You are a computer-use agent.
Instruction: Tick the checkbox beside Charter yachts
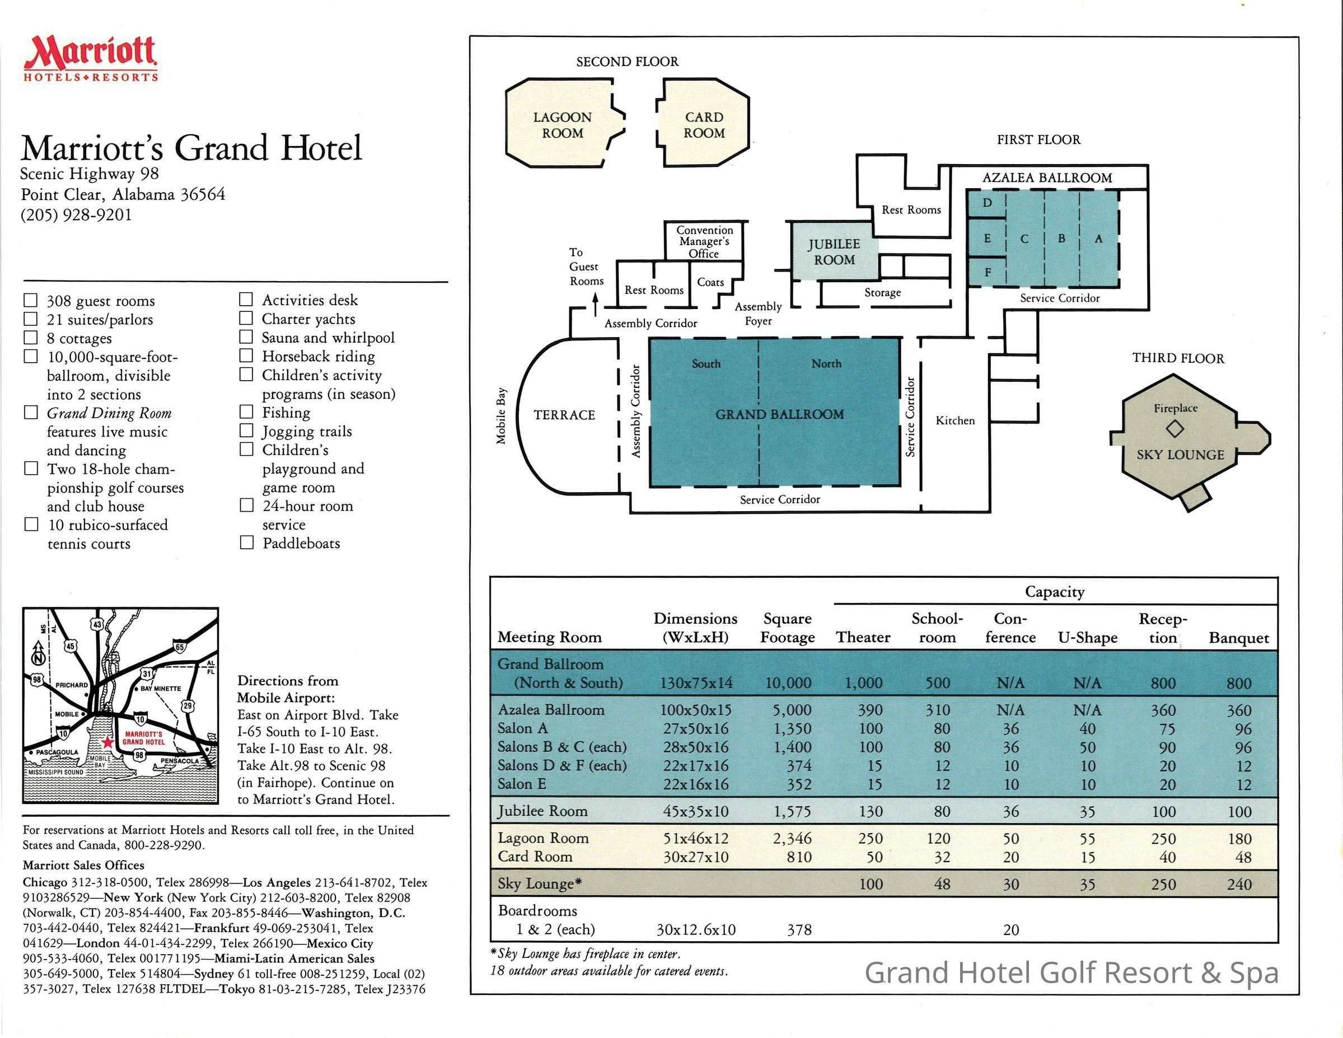pos(246,318)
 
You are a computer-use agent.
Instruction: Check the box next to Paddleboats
pos(246,543)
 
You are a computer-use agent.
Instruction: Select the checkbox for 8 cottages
pos(31,338)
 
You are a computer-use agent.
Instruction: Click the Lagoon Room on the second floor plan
pos(562,125)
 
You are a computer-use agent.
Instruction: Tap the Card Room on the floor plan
pos(704,125)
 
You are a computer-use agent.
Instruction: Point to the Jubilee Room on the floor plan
pos(834,252)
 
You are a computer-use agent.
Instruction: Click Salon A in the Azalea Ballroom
pos(1098,239)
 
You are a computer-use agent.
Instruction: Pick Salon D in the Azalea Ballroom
pos(987,203)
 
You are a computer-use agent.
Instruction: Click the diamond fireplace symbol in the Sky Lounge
pos(1174,429)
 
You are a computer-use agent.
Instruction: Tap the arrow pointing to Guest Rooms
pos(595,302)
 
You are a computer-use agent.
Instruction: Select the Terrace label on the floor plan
pos(564,415)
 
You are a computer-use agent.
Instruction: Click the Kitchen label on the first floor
pos(955,420)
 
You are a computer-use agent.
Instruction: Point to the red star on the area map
pos(107,742)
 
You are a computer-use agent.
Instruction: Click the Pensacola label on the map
pos(179,761)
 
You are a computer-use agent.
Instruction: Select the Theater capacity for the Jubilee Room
pos(871,812)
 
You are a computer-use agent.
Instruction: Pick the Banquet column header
pos(1238,638)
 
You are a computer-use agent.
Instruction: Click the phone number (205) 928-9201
pos(76,214)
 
